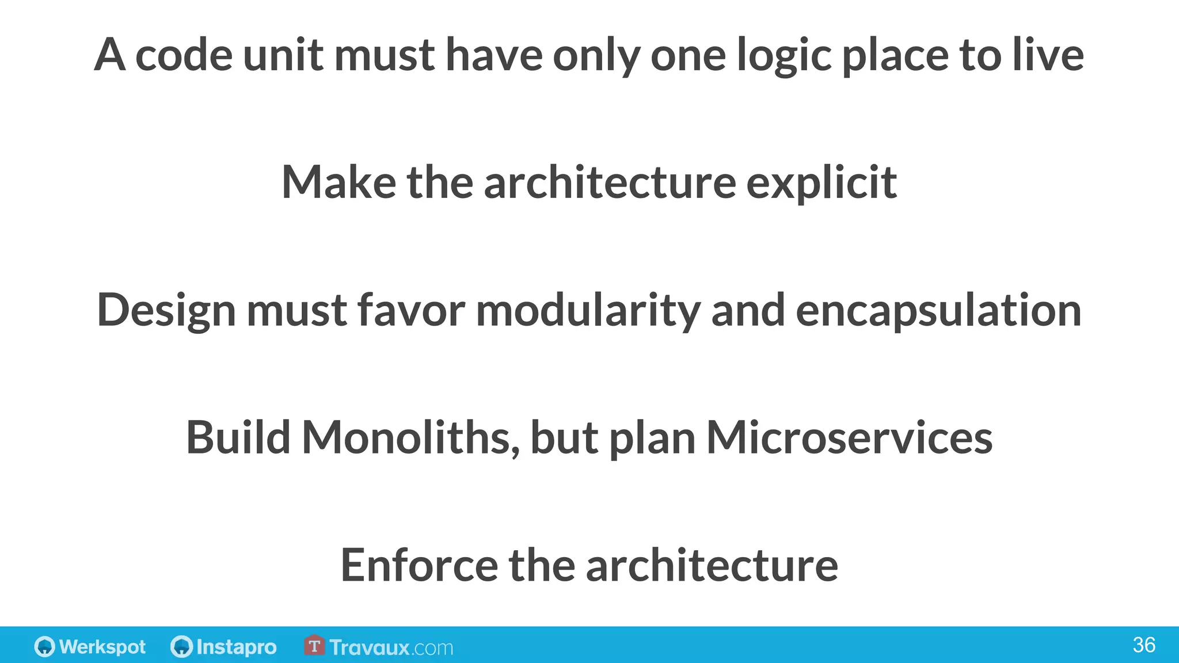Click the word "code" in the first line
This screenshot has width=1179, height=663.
tap(184, 55)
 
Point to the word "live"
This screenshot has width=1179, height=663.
tap(1048, 55)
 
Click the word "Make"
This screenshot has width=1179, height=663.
tap(339, 182)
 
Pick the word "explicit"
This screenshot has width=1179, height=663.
tap(822, 184)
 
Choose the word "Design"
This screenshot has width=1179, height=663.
tap(166, 311)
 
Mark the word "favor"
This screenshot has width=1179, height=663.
tap(411, 311)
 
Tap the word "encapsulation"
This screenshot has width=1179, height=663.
tap(938, 311)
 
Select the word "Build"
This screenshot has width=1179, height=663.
tap(238, 437)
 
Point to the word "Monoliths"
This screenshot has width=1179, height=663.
tap(410, 437)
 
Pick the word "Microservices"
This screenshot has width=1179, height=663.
tap(849, 437)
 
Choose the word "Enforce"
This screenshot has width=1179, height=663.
tap(419, 565)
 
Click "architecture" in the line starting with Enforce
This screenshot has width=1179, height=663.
tap(712, 565)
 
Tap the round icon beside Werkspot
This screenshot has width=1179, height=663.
tap(44, 646)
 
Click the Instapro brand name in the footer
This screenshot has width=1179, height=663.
tap(236, 647)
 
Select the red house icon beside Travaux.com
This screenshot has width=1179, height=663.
tap(314, 645)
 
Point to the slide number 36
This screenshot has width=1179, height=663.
tap(1143, 645)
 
